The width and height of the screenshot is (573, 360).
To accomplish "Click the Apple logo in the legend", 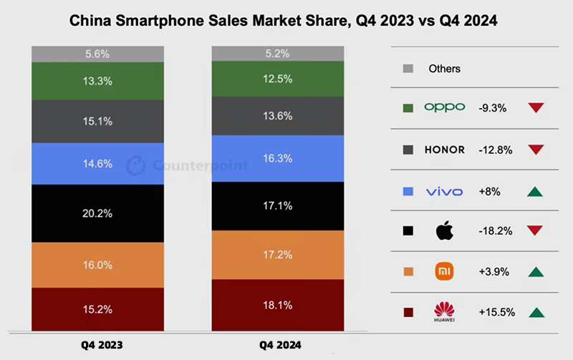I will coord(444,231).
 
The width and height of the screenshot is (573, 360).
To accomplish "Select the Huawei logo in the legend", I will coord(444,312).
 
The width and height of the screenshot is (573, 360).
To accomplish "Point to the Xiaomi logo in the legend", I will coord(444,271).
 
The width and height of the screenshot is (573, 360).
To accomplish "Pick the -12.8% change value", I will coord(493,150).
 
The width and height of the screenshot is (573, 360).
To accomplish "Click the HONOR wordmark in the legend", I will coord(444,150).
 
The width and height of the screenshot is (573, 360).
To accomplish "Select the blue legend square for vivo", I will coord(408,191).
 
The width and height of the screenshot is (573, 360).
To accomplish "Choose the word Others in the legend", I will coord(444,69).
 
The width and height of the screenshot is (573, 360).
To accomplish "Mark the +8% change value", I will coord(489,191).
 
